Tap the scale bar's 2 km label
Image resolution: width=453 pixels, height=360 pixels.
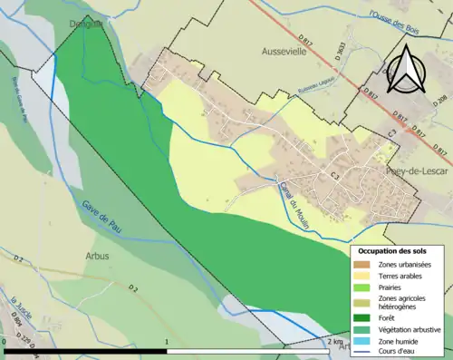336,342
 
